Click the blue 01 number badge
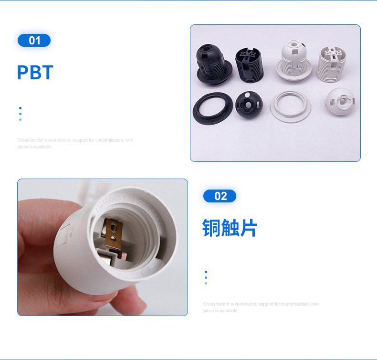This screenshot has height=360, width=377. coord(34,41)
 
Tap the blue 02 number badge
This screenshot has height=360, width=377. coord(220,196)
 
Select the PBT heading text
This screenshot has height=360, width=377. coord(35,73)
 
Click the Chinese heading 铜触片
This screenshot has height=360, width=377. coord(230,228)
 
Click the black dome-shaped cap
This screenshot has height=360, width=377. coord(249,106)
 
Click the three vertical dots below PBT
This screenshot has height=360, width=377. coord(20,114)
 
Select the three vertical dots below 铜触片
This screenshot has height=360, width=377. coord(206,277)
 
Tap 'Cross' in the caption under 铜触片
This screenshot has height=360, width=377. coord(209,304)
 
